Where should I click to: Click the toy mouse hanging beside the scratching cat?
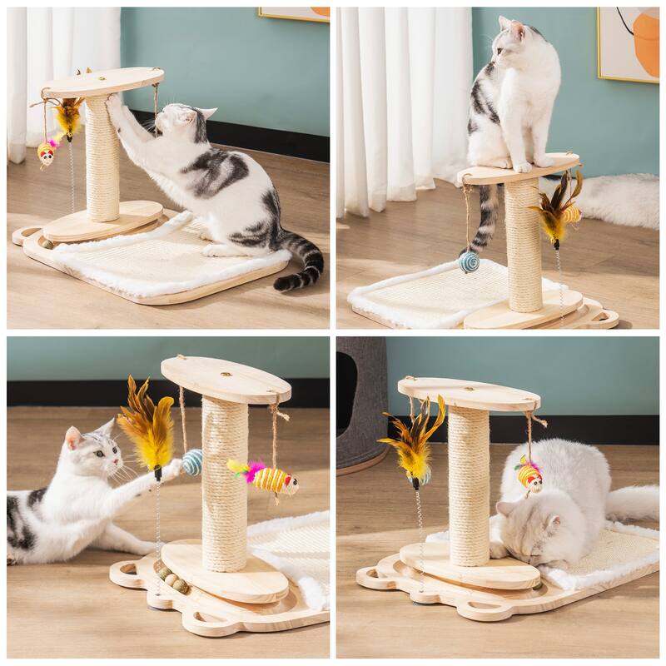click(x=46, y=152)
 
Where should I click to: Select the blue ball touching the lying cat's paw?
click(x=192, y=462)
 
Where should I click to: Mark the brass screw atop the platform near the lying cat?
click(x=225, y=375)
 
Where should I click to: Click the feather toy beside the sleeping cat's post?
click(x=414, y=441)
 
